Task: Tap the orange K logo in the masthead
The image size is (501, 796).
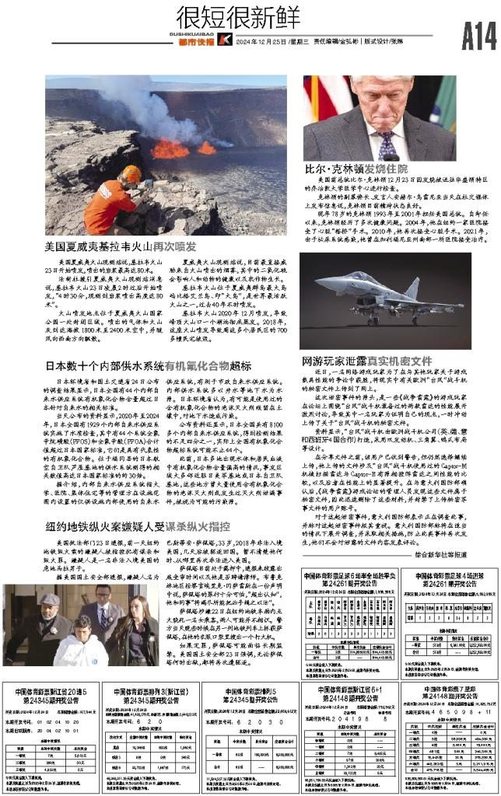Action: pos(225,40)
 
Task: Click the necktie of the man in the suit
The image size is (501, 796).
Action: pos(387,144)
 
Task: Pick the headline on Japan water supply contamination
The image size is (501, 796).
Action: pos(147,365)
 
